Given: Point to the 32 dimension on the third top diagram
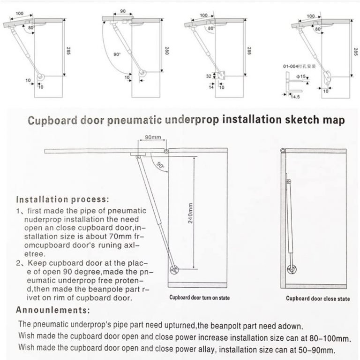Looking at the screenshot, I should [210, 75].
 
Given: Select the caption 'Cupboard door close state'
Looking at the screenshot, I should [318, 298].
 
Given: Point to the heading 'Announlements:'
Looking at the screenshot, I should [53, 310].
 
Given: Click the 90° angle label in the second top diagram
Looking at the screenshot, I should [117, 54].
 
